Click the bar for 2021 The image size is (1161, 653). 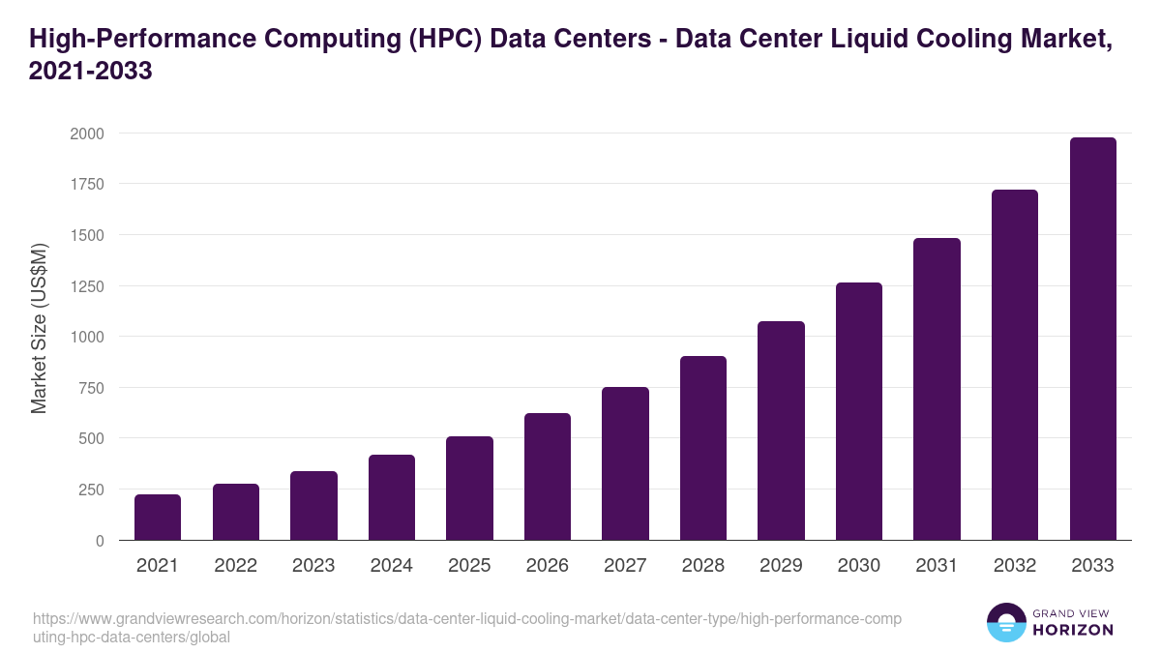pyautogui.click(x=158, y=518)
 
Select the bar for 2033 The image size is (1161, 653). pyautogui.click(x=1092, y=339)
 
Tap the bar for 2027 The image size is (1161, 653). pyautogui.click(x=625, y=463)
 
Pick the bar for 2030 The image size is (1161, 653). pyautogui.click(x=859, y=411)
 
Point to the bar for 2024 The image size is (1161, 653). pyautogui.click(x=392, y=497)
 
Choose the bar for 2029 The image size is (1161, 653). pyautogui.click(x=781, y=430)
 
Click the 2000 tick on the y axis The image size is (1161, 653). pyautogui.click(x=87, y=134)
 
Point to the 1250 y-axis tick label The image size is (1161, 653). pyautogui.click(x=87, y=286)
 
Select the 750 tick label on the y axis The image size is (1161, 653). pyautogui.click(x=92, y=388)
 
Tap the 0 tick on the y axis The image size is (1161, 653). pyautogui.click(x=100, y=541)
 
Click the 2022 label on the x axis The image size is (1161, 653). pyautogui.click(x=235, y=566)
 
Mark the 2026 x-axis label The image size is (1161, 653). pyautogui.click(x=548, y=566)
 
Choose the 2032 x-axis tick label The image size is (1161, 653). pyautogui.click(x=1015, y=566)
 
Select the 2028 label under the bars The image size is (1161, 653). pyautogui.click(x=703, y=566)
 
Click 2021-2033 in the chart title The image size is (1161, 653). pyautogui.click(x=91, y=71)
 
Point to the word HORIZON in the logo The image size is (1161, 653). pyautogui.click(x=1073, y=630)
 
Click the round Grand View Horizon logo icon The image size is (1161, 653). pyautogui.click(x=1006, y=622)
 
